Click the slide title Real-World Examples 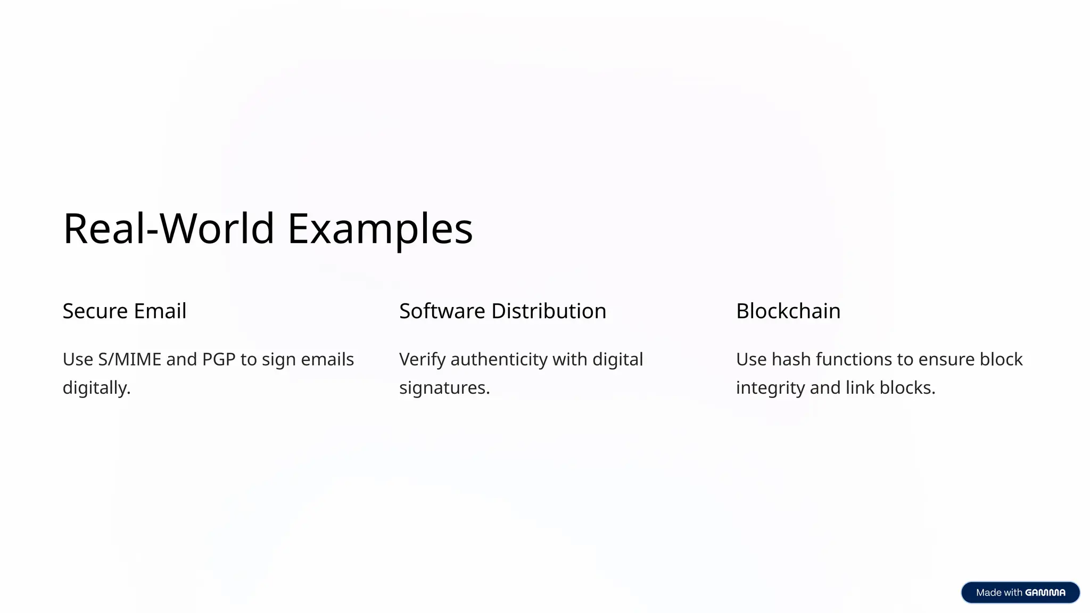coord(268,228)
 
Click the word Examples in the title coord(380,229)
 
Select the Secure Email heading coord(125,311)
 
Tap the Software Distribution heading coord(502,311)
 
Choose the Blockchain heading coord(788,311)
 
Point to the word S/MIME coord(129,360)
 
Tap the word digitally coord(96,388)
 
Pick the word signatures coord(444,388)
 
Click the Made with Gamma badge coord(1020,592)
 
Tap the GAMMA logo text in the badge coord(1045,593)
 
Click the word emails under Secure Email coord(327,360)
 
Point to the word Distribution coord(549,311)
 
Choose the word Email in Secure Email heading coord(160,311)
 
